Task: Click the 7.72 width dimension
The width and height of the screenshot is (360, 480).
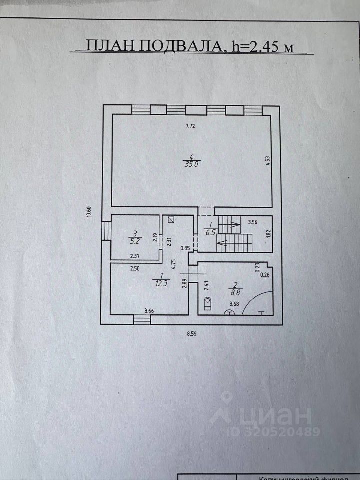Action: pyautogui.click(x=190, y=126)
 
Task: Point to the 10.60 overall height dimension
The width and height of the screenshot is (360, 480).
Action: pyautogui.click(x=88, y=212)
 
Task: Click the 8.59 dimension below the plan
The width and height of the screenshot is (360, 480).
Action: pyautogui.click(x=191, y=334)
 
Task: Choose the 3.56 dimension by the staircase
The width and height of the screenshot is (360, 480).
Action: pyautogui.click(x=253, y=222)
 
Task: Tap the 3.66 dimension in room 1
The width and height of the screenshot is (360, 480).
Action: pyautogui.click(x=149, y=311)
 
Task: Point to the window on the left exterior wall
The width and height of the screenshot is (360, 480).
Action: pyautogui.click(x=106, y=231)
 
